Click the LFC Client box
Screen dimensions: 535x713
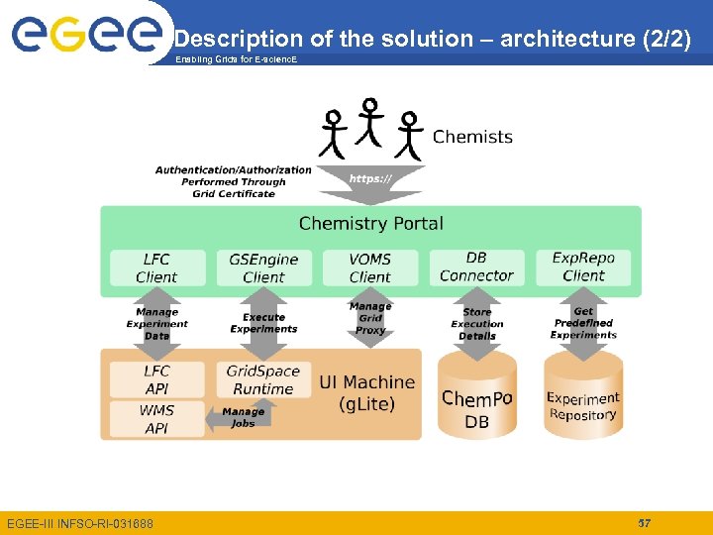(156, 267)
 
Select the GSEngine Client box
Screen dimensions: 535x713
(263, 267)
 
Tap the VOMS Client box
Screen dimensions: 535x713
(369, 267)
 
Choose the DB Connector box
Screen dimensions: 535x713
(476, 267)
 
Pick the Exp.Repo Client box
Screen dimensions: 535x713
(583, 267)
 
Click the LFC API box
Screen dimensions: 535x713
(156, 379)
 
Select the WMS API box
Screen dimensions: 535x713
(156, 418)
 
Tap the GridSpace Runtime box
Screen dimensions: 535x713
(262, 379)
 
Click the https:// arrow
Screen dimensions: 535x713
(370, 182)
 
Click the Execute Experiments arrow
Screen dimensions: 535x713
(263, 324)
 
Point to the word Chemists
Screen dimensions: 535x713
(472, 137)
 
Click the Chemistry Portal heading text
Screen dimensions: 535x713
(370, 223)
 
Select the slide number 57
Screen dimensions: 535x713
(644, 522)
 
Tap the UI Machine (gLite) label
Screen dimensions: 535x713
(366, 392)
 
